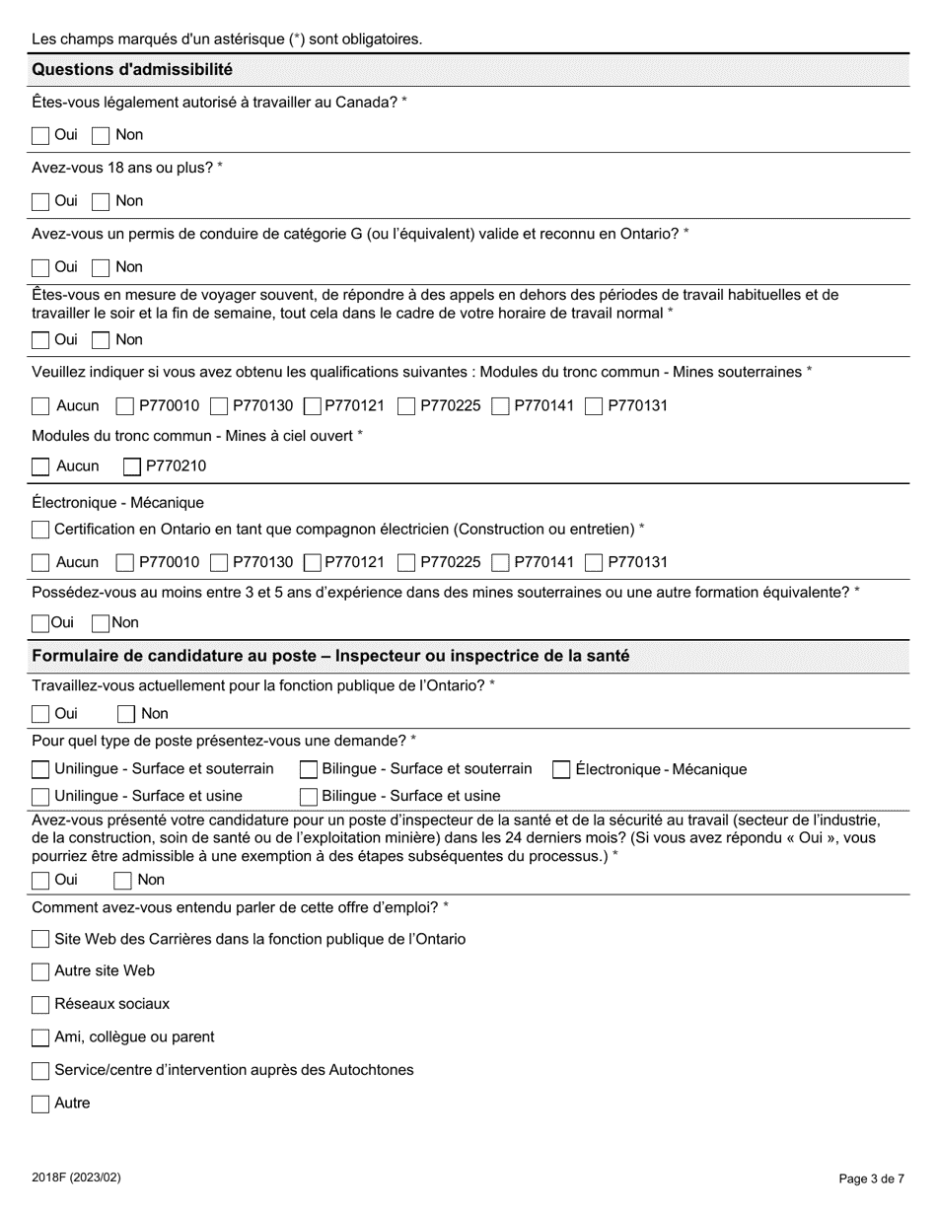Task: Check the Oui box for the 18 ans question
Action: click(40, 201)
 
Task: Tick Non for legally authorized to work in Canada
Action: click(101, 135)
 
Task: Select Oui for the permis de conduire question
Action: click(40, 267)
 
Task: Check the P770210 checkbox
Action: click(132, 466)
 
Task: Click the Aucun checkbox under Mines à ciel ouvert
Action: click(40, 466)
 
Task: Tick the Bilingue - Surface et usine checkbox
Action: click(309, 796)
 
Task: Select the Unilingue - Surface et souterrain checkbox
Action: click(40, 769)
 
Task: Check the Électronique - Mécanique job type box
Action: click(561, 769)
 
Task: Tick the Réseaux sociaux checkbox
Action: click(40, 1005)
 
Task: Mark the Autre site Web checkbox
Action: click(40, 971)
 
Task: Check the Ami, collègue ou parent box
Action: click(40, 1037)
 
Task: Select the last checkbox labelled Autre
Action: click(40, 1104)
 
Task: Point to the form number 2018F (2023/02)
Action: click(76, 1177)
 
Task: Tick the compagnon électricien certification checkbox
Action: click(40, 530)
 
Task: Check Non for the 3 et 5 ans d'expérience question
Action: click(100, 623)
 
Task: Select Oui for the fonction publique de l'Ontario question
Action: click(40, 714)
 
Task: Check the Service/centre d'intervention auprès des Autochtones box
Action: click(40, 1071)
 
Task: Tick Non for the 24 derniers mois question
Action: click(123, 881)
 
